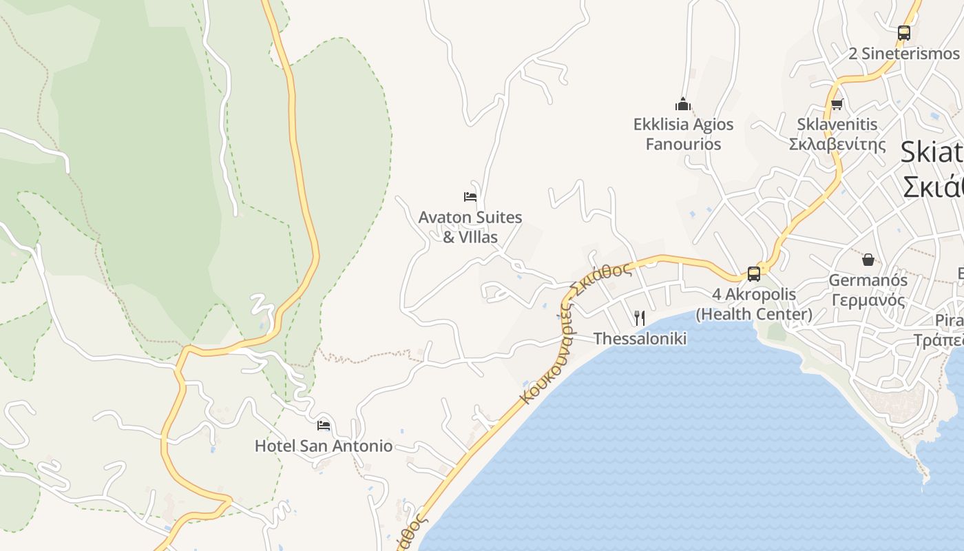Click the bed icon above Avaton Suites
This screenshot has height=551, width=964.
tap(470, 197)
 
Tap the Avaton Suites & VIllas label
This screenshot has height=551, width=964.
tap(470, 227)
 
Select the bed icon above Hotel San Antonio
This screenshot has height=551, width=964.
tap(324, 425)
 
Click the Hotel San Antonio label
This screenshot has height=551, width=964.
tap(324, 446)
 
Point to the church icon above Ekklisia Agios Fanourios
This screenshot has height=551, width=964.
tap(683, 104)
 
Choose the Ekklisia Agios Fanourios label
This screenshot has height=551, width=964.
tap(683, 134)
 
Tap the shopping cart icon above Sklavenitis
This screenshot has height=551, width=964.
tap(837, 105)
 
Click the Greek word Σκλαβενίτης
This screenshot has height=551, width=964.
tap(837, 144)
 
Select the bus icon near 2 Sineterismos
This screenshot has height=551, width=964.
tap(904, 32)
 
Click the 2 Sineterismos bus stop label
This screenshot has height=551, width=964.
tap(903, 53)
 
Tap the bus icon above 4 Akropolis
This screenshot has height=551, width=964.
tap(754, 273)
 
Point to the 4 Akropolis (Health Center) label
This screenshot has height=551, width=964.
tap(754, 304)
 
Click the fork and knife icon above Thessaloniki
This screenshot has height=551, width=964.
tap(640, 318)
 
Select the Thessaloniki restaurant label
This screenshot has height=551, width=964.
tap(640, 338)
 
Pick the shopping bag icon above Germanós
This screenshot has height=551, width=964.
tap(868, 260)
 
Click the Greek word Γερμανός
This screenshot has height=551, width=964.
tap(868, 300)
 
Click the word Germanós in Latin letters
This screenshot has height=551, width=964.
tap(868, 280)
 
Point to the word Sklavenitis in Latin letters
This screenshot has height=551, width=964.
tap(837, 125)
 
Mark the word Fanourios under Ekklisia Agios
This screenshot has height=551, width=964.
tap(683, 144)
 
